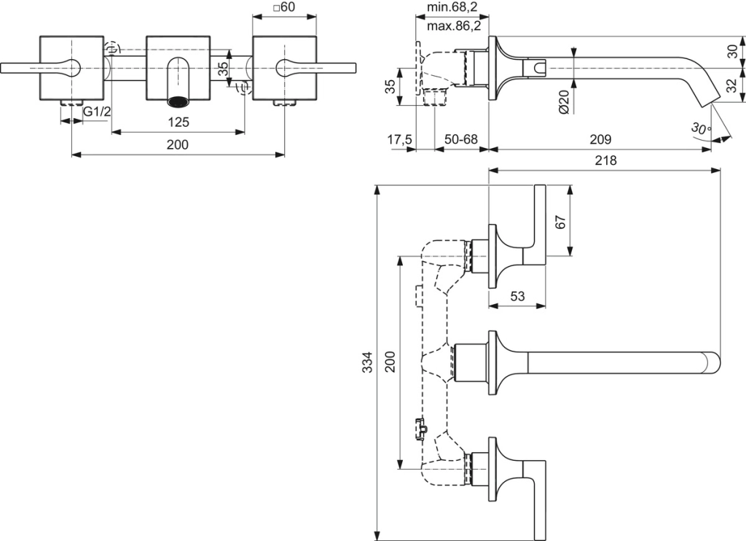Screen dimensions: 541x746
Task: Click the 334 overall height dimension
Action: (368, 362)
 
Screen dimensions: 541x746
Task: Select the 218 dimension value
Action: (605, 160)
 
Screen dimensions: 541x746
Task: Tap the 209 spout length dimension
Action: (600, 139)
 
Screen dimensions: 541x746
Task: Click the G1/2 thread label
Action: (96, 112)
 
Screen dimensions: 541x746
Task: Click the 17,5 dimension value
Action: (400, 139)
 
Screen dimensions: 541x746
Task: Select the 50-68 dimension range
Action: (461, 139)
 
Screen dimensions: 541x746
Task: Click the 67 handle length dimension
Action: (561, 221)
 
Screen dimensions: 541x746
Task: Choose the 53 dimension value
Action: (517, 297)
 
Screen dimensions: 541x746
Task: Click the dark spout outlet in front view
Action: (178, 100)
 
